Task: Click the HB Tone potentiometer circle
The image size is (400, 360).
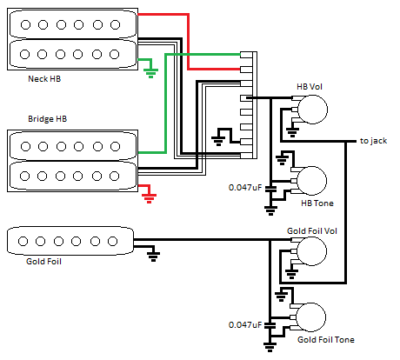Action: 312,181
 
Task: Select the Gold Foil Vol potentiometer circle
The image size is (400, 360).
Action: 312,253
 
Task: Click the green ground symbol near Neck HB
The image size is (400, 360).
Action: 151,71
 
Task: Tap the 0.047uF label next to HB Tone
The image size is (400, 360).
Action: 245,187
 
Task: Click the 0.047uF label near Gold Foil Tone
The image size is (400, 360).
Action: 245,324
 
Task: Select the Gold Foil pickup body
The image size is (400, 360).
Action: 70,240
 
